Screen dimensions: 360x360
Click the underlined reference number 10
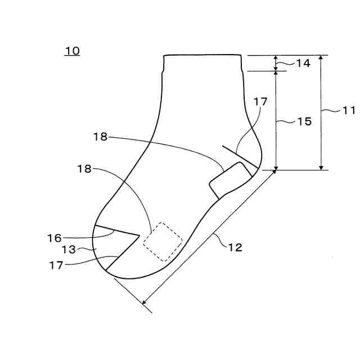coord(72,51)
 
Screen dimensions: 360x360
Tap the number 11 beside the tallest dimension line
coord(349,111)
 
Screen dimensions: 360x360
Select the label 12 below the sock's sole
coord(235,247)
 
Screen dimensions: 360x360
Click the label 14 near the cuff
coord(303,64)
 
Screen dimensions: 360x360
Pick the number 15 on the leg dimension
coord(304,121)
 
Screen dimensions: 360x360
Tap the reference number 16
coord(54,238)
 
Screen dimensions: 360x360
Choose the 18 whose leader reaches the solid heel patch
coord(101,137)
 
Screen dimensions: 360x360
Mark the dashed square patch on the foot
coord(163,242)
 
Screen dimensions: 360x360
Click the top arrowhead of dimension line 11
coord(321,57)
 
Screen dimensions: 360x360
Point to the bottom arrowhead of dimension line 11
coord(321,168)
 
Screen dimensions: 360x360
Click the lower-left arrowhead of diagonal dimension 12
coord(145,303)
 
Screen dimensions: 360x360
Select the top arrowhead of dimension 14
coord(276,57)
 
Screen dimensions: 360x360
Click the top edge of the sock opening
coord(202,55)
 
